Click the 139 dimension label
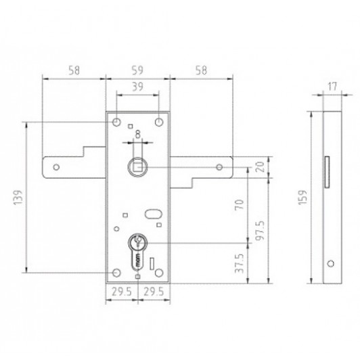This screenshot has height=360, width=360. pos(18,198)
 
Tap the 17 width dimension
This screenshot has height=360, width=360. pos(332,87)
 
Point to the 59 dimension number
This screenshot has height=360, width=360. pos(137,70)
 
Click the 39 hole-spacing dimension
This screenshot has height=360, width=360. pos(137,87)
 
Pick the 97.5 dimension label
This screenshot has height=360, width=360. pos(260,231)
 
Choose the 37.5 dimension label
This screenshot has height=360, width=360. pos(240,263)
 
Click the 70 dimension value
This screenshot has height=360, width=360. pos(240,204)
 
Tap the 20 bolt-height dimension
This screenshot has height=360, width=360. pos(260,167)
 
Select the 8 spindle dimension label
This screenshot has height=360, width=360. pos(137,135)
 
